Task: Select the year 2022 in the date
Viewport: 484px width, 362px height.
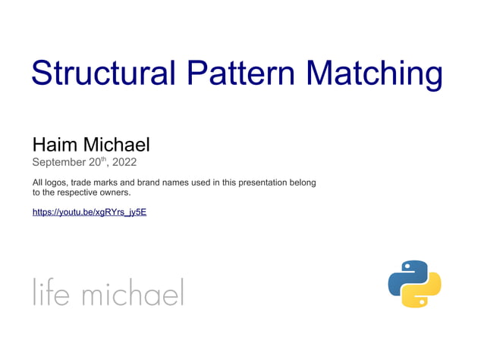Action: pyautogui.click(x=124, y=162)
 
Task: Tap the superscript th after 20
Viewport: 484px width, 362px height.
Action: pyautogui.click(x=105, y=159)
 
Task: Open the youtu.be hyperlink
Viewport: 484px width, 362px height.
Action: pyautogui.click(x=89, y=212)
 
